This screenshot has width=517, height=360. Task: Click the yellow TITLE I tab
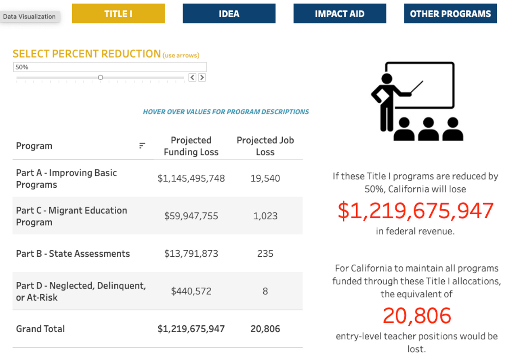pyautogui.click(x=118, y=14)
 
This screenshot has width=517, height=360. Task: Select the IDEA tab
pyautogui.click(x=229, y=14)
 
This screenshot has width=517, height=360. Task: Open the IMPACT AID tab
pyautogui.click(x=340, y=14)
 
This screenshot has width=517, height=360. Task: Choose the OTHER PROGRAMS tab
pyautogui.click(x=450, y=14)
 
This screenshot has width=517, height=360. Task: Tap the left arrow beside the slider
pyautogui.click(x=192, y=77)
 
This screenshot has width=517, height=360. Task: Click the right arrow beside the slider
pyautogui.click(x=202, y=77)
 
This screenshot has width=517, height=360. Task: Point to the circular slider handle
pyautogui.click(x=101, y=77)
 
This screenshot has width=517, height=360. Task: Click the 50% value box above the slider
pyautogui.click(x=109, y=67)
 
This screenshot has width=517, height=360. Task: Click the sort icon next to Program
pyautogui.click(x=142, y=146)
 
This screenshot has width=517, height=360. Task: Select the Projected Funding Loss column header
pyautogui.click(x=191, y=146)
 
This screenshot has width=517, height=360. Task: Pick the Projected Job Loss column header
pyautogui.click(x=265, y=146)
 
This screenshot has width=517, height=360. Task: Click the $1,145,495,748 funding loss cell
pyautogui.click(x=191, y=178)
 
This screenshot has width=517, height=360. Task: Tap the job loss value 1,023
pyautogui.click(x=265, y=216)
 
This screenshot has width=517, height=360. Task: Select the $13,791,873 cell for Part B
pyautogui.click(x=191, y=253)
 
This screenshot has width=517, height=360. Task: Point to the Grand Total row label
pyautogui.click(x=40, y=329)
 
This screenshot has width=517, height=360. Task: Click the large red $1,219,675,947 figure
pyautogui.click(x=416, y=211)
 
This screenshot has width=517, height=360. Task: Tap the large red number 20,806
pyautogui.click(x=417, y=316)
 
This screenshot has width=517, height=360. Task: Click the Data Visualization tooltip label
pyautogui.click(x=29, y=17)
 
